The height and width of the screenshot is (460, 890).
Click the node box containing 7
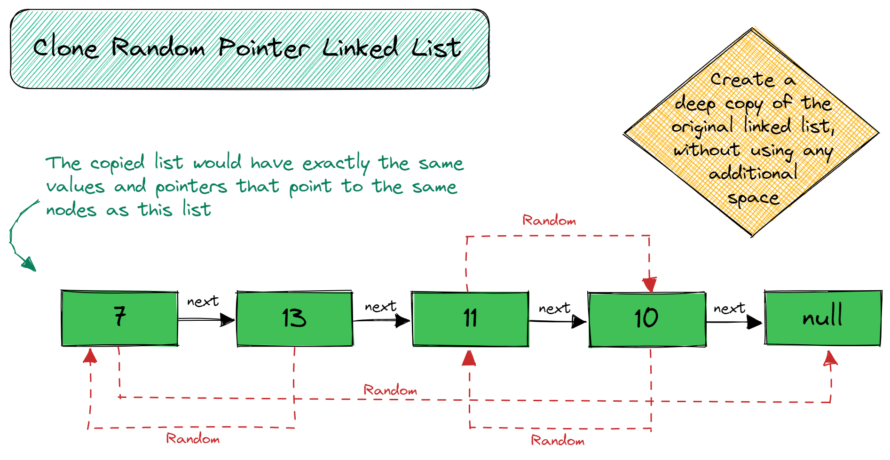[x=119, y=318]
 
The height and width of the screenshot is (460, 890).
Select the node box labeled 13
[x=294, y=319]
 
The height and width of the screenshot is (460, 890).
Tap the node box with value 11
[x=470, y=319]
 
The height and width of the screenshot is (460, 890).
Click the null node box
[x=823, y=318]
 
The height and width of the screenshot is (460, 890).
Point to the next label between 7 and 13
[x=203, y=301]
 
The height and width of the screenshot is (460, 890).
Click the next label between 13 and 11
[x=380, y=307]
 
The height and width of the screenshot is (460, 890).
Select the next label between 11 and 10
[x=554, y=309]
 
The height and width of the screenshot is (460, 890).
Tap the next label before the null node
[x=729, y=309]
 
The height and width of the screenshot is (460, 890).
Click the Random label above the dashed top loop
[x=549, y=221]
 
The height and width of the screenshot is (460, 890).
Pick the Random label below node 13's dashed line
[x=193, y=439]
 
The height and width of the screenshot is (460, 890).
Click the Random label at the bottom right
[x=558, y=441]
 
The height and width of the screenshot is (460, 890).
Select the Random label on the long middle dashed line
[x=390, y=390]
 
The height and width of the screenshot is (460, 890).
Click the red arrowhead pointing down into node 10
[x=650, y=284]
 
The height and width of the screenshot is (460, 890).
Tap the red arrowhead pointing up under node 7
[x=90, y=356]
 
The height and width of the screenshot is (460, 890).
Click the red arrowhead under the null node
[x=830, y=358]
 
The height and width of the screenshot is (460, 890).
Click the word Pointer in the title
[x=264, y=48]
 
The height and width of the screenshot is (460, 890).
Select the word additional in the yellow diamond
[x=753, y=174]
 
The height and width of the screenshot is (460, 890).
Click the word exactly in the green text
[x=336, y=164]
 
